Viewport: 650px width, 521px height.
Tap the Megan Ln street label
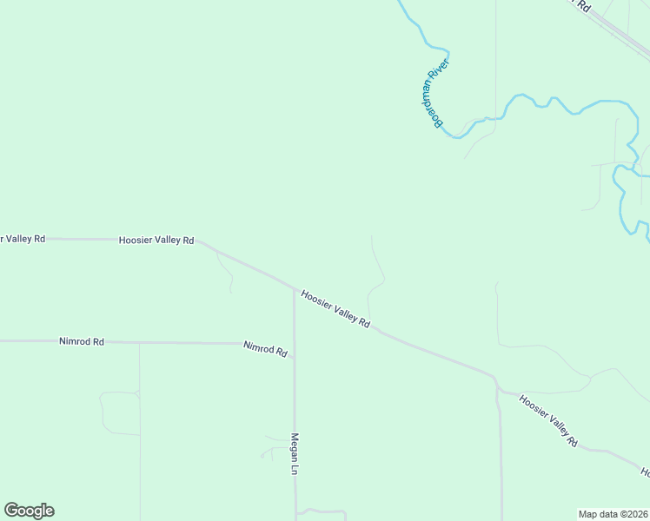coord(295,454)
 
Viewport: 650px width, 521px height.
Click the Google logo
coord(29,511)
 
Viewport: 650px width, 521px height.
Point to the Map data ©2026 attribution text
coord(613,514)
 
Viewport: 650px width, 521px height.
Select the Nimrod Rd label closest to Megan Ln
coord(266,349)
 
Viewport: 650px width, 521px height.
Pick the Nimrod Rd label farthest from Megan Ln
coord(82,342)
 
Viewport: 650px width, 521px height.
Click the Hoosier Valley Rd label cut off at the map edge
coord(22,238)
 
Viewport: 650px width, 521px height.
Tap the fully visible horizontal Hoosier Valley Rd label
coord(156,240)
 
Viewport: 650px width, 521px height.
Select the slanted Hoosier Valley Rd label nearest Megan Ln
coord(335,308)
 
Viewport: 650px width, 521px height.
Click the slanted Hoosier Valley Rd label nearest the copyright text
coord(548,420)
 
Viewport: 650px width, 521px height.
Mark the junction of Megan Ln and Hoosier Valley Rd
coord(294,287)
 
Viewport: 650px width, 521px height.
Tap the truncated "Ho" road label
coord(646,472)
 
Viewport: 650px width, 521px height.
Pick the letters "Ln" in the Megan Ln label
coord(295,470)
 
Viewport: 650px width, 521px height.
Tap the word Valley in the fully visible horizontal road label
coord(166,240)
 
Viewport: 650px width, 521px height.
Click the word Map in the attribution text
coord(588,514)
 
